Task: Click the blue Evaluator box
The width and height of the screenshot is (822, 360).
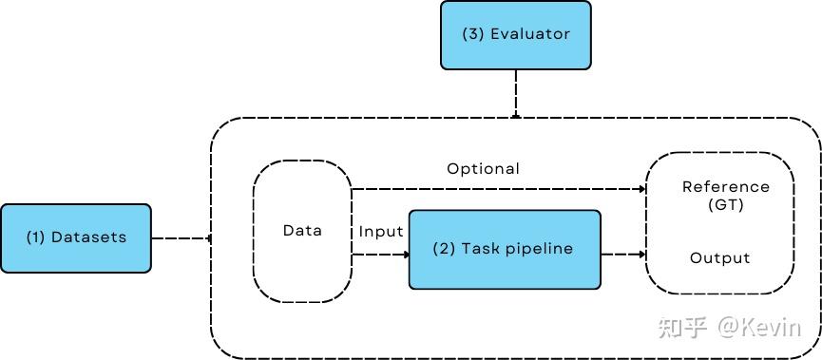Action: [515, 35]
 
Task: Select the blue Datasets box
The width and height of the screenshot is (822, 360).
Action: [76, 237]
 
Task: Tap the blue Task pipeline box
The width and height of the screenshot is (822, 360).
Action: [505, 250]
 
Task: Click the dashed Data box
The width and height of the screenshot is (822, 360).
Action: [302, 231]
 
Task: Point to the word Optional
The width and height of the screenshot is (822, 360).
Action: [484, 169]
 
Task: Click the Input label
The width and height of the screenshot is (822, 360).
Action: [381, 232]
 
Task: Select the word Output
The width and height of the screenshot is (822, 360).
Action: [719, 258]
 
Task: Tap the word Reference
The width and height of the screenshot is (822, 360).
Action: [726, 187]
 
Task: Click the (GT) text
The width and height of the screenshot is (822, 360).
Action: [726, 204]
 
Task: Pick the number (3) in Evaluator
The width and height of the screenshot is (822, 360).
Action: [473, 34]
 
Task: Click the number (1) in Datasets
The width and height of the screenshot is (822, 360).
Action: [36, 237]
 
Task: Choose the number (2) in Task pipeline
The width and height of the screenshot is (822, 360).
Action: [444, 249]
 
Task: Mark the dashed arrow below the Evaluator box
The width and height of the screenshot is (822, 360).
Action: [515, 93]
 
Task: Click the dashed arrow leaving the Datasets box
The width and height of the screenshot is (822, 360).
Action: [181, 237]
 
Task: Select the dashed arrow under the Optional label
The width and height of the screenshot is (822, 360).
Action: [498, 189]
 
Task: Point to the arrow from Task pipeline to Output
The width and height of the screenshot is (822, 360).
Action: [623, 255]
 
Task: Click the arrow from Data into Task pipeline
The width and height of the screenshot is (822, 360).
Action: [380, 255]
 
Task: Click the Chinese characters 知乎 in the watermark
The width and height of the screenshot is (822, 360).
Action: [683, 329]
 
